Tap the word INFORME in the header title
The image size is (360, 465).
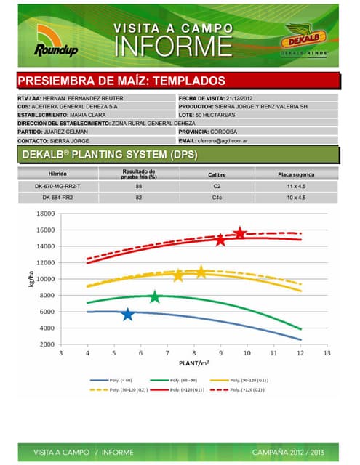(175, 46)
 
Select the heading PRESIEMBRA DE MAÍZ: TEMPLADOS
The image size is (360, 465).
(121, 81)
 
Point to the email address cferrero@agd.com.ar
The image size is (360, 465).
(228, 140)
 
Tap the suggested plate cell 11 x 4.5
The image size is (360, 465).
(295, 187)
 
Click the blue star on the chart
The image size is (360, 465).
(128, 315)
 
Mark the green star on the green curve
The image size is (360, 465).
(154, 297)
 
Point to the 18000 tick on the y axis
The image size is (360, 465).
(46, 214)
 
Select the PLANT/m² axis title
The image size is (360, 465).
(193, 363)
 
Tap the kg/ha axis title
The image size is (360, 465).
(32, 280)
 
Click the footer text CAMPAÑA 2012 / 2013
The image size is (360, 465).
(289, 452)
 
